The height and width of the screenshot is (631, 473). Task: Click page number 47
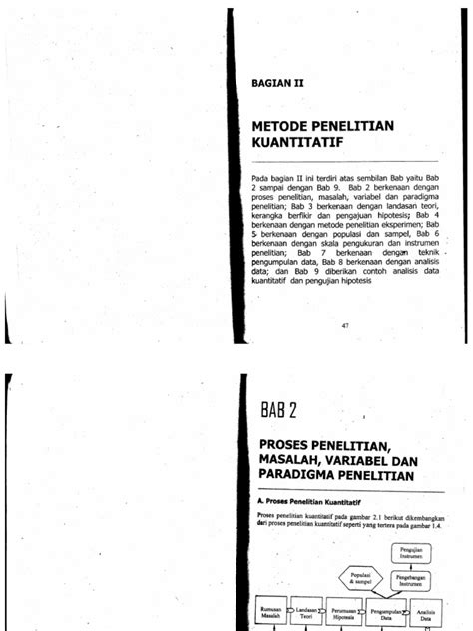(x=345, y=326)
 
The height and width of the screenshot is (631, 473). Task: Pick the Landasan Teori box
(x=312, y=615)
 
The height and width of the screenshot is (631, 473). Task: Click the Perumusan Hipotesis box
(x=361, y=615)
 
